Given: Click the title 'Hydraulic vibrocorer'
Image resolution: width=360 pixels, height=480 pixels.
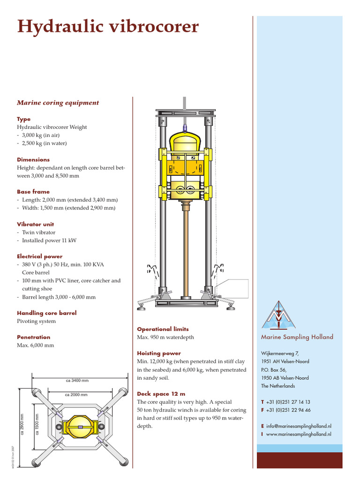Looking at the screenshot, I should point(108,27).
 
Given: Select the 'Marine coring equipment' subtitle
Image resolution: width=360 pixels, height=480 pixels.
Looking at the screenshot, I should point(58,103).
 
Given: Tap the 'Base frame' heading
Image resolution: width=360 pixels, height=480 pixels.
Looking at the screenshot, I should point(33,192).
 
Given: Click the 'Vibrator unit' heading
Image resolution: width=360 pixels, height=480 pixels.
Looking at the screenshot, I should point(35,225).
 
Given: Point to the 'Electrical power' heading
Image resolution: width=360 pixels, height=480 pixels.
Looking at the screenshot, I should point(39,256).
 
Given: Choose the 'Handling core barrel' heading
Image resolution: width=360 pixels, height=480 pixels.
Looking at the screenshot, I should point(46,313).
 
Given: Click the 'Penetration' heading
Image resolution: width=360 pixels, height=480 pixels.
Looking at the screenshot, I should point(33,337).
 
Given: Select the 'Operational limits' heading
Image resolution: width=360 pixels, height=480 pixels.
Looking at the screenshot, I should point(163,329).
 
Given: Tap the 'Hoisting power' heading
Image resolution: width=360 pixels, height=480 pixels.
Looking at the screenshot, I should point(158,353).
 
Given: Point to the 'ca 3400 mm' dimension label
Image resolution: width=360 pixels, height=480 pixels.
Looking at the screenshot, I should point(77,381).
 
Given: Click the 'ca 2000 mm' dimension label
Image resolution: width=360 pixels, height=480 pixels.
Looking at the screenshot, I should point(76,395).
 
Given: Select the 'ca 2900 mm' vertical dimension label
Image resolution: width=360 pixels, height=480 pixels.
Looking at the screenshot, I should point(22,424).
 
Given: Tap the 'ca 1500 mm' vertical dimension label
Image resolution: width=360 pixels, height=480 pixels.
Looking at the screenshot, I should point(37,424).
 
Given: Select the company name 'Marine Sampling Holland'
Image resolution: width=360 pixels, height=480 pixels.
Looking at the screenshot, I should point(297,337).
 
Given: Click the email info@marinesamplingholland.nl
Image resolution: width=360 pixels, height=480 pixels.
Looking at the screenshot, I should point(299,427).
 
